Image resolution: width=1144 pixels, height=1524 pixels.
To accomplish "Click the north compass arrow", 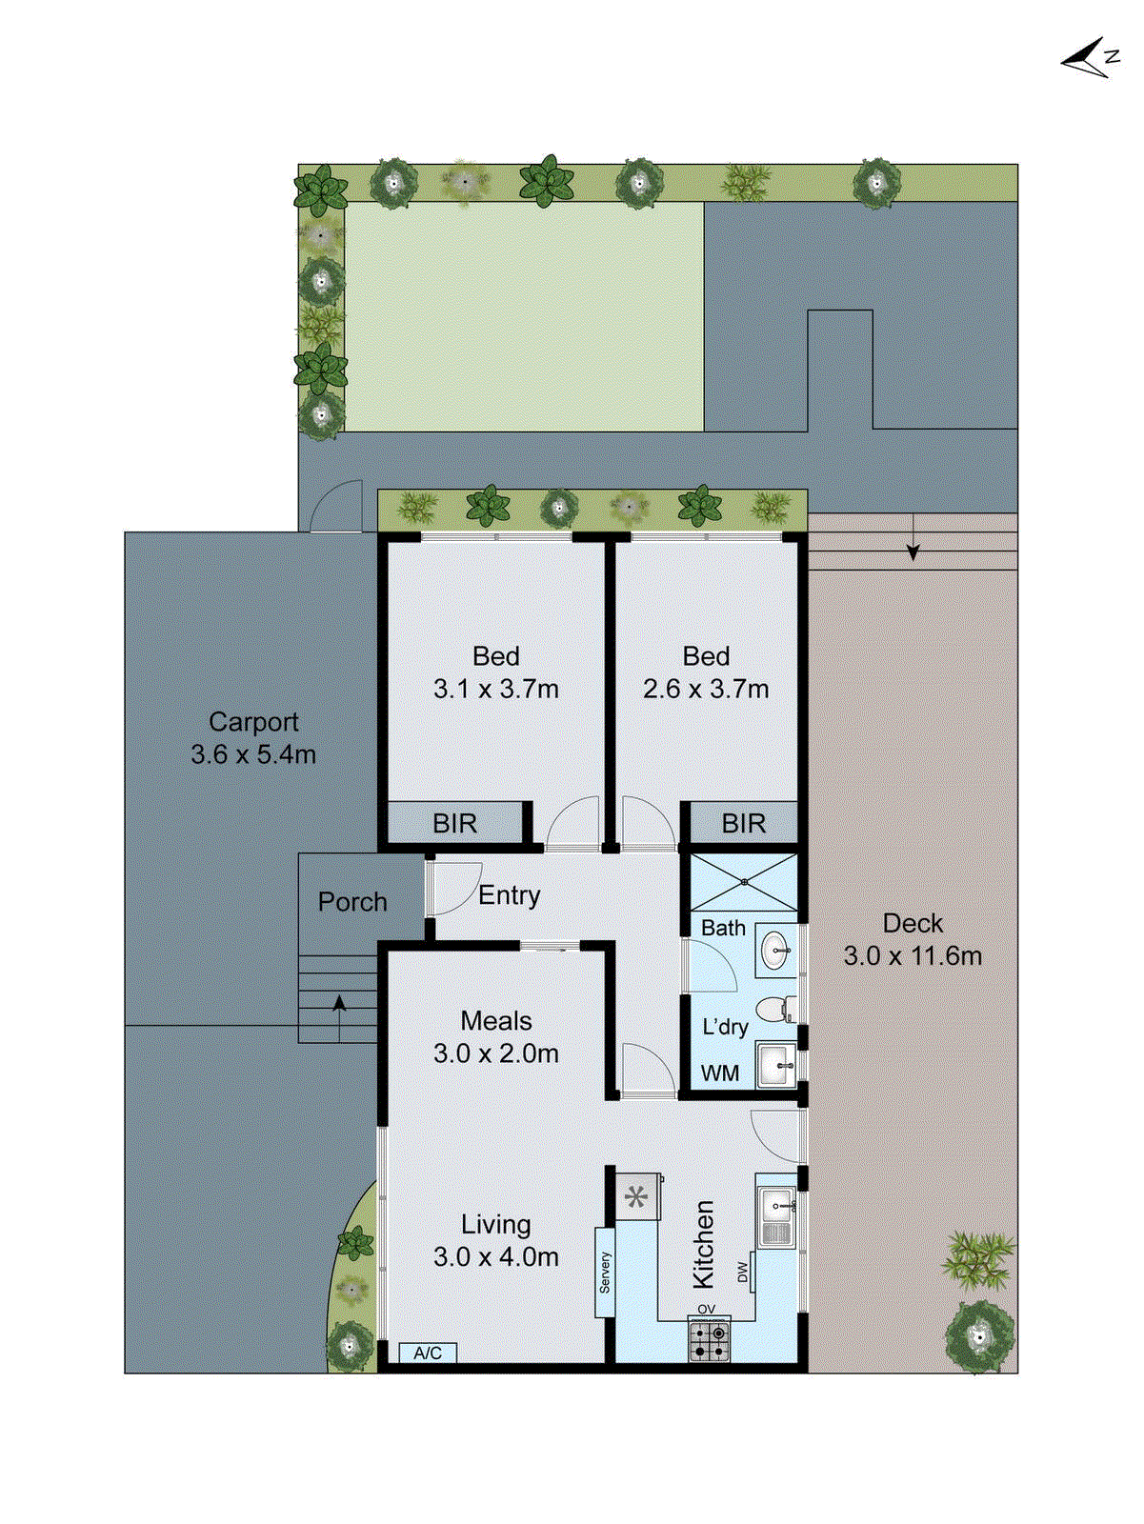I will pos(1086,59).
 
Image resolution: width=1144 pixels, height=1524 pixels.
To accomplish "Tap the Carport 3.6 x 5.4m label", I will pos(253,738).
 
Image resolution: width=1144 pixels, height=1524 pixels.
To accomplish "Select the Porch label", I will pos(352,902).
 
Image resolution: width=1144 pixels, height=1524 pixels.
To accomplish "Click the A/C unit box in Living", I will pos(428,1354).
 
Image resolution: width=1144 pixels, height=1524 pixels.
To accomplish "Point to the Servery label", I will pos(605,1273).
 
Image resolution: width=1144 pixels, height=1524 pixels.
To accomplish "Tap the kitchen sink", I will pos(777,1216).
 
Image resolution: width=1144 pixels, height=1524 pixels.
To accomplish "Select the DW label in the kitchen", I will pos(743,1273).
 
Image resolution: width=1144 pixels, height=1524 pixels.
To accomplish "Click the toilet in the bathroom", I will pos(775,1008).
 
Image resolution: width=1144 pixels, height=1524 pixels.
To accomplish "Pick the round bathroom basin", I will pos(775,950).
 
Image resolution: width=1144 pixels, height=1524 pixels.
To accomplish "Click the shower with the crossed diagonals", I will pos(743,883).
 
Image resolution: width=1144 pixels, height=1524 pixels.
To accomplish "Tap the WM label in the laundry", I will pos(720,1073).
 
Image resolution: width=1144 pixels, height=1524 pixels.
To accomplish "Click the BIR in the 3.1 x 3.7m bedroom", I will pos(455,823).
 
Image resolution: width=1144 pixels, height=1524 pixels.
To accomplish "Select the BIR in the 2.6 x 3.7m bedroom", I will pos(743,823).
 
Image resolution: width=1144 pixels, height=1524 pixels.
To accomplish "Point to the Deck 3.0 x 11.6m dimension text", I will pos(913,955).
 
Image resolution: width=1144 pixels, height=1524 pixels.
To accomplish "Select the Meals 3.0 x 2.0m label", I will pos(496,1037).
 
